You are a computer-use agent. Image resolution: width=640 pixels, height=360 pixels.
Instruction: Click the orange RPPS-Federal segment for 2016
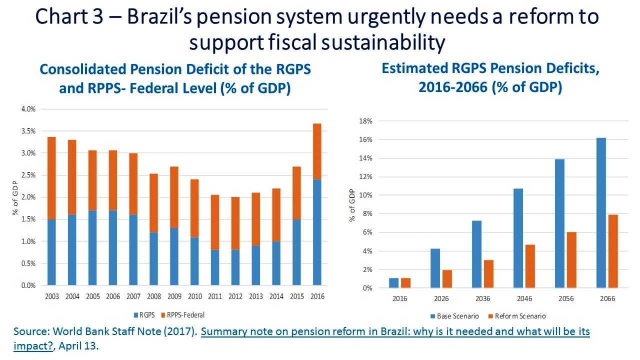click(x=317, y=151)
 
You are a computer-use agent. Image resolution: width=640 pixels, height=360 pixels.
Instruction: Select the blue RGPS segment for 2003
click(x=52, y=252)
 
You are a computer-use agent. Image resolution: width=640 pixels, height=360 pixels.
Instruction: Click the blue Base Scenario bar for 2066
click(x=601, y=213)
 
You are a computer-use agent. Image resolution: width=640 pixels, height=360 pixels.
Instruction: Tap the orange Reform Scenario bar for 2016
click(x=405, y=283)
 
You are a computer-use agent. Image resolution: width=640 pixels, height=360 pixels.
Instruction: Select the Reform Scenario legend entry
click(x=519, y=316)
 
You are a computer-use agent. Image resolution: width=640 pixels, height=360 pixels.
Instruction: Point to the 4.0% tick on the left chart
click(x=28, y=109)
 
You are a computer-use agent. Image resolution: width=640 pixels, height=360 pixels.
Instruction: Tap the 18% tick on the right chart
click(x=366, y=121)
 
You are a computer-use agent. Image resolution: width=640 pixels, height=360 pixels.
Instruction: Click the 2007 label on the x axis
click(x=133, y=296)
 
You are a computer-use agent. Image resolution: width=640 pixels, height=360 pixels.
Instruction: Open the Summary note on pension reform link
click(x=395, y=332)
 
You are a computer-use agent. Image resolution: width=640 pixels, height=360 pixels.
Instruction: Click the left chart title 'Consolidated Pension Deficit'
click(x=175, y=69)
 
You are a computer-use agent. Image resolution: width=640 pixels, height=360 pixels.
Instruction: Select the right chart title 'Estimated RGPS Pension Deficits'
click(x=490, y=68)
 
